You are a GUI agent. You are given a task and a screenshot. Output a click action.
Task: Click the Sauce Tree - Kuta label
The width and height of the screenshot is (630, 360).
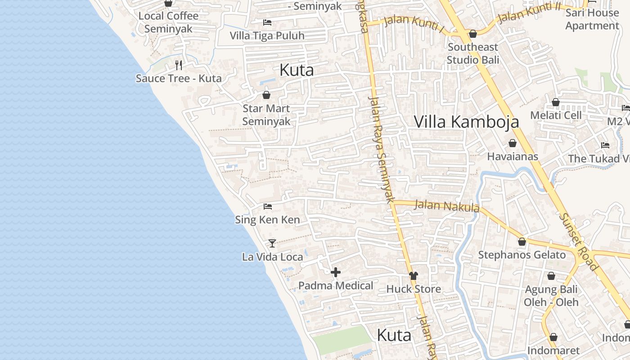(x=179, y=78)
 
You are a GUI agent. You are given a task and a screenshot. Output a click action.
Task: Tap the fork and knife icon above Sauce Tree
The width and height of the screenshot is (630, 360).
(x=179, y=65)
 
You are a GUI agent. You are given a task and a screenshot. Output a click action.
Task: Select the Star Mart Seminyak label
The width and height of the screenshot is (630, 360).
(x=266, y=115)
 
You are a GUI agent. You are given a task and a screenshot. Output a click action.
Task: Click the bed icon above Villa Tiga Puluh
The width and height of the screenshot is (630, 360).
(x=267, y=22)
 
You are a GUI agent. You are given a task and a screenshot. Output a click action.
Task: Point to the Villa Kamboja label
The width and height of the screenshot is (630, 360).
(x=466, y=121)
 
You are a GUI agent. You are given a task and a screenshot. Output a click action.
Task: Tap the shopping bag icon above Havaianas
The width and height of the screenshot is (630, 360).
(x=512, y=144)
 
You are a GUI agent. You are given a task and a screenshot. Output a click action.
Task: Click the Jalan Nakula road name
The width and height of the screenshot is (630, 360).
(x=446, y=206)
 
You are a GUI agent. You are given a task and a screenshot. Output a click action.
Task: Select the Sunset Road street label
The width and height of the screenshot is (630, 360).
(x=579, y=242)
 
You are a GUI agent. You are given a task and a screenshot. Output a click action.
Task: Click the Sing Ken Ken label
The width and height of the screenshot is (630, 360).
(x=267, y=220)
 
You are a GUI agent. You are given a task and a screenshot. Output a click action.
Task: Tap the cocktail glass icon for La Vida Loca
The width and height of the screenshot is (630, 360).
(x=272, y=243)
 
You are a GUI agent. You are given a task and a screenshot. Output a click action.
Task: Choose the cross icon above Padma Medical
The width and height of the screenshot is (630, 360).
(x=336, y=272)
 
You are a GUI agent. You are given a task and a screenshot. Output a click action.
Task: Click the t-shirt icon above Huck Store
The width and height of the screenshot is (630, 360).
(x=413, y=276)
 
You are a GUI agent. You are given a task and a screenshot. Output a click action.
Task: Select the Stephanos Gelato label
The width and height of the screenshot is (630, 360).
(x=522, y=255)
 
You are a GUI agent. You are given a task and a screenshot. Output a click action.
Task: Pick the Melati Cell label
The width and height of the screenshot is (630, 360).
(x=556, y=115)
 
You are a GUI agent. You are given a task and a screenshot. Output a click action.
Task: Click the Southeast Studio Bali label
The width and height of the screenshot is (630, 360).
(x=473, y=53)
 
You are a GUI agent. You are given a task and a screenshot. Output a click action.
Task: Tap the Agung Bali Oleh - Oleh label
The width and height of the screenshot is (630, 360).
(x=551, y=296)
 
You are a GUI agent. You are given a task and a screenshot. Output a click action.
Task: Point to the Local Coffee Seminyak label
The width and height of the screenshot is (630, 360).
(x=168, y=22)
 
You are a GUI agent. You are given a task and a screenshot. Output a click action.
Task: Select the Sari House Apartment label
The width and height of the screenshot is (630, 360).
(x=592, y=19)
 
